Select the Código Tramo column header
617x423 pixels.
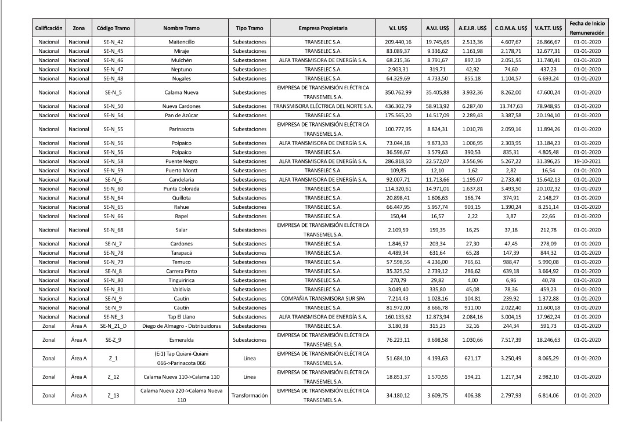pyautogui.click(x=113, y=28)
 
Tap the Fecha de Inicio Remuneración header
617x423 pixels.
pyautogui.click(x=587, y=28)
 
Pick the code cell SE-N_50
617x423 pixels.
pyautogui.click(x=113, y=106)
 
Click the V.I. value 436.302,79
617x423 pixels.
pyautogui.click(x=398, y=106)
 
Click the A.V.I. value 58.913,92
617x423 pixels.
pyautogui.click(x=434, y=106)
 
